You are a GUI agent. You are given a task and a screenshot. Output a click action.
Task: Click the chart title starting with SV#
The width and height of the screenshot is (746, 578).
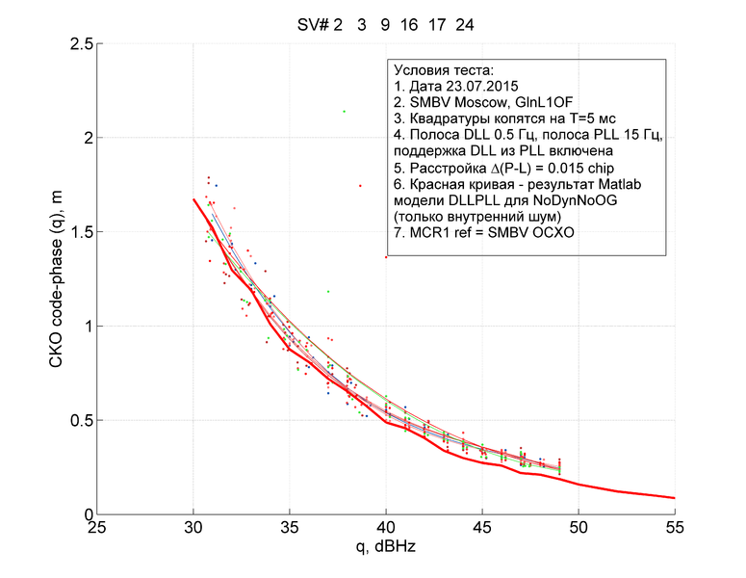385,25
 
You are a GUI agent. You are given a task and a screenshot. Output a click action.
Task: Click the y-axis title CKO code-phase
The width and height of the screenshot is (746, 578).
55,278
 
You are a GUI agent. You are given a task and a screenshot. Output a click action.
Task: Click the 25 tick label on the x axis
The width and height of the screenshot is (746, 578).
97,527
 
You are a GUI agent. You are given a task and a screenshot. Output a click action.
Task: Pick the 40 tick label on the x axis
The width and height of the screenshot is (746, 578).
385,527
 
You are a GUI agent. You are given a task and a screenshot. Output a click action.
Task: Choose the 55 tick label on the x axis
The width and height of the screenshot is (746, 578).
674,527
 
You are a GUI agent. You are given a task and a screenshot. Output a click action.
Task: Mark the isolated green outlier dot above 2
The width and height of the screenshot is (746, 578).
344,112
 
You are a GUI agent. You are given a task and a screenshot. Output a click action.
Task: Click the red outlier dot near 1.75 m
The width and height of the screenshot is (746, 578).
360,185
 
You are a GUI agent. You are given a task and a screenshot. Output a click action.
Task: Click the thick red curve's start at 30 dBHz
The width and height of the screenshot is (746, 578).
193,199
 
